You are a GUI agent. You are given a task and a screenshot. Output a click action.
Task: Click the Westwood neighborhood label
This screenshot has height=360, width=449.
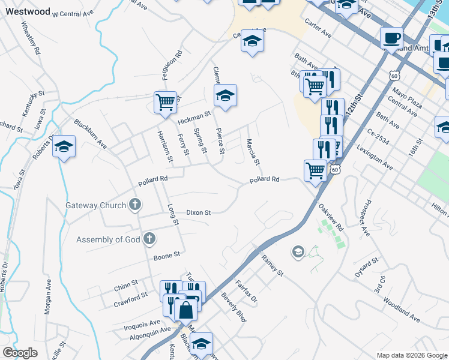pyautogui.click(x=28, y=11)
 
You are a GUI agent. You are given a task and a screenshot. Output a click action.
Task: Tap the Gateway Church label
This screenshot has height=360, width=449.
pyautogui.click(x=96, y=205)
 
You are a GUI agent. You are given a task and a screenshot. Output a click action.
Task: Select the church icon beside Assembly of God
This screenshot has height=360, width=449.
pyautogui.click(x=149, y=239)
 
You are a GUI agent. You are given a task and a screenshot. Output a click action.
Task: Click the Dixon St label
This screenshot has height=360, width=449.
pyautogui.click(x=198, y=212)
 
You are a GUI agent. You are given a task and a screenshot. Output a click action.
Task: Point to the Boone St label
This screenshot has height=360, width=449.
pyautogui.click(x=167, y=255)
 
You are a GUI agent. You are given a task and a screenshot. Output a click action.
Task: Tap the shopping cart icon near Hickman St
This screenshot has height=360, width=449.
pyautogui.click(x=165, y=101)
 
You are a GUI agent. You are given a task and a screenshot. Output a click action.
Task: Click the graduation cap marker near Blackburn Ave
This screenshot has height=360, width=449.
pyautogui.click(x=64, y=146)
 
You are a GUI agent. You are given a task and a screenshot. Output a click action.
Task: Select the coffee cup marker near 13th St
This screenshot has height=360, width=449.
pyautogui.click(x=391, y=37)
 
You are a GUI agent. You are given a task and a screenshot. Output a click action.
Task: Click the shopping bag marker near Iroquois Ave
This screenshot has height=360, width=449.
pyautogui.click(x=186, y=310)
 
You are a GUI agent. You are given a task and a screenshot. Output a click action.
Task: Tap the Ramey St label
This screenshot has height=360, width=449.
pyautogui.click(x=272, y=265)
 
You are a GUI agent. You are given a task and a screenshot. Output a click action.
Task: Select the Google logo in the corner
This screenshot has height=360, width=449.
pyautogui.click(x=20, y=353)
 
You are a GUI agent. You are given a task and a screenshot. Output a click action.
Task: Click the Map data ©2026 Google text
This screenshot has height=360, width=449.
pyautogui.click(x=411, y=355)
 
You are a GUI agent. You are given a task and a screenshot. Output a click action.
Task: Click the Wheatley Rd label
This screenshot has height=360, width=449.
pyautogui.click(x=31, y=38)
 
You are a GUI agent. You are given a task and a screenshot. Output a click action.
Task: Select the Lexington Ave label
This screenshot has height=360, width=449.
pyautogui.click(x=374, y=157)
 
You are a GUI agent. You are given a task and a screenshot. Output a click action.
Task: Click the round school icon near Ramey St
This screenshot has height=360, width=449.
pyautogui.click(x=298, y=251)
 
